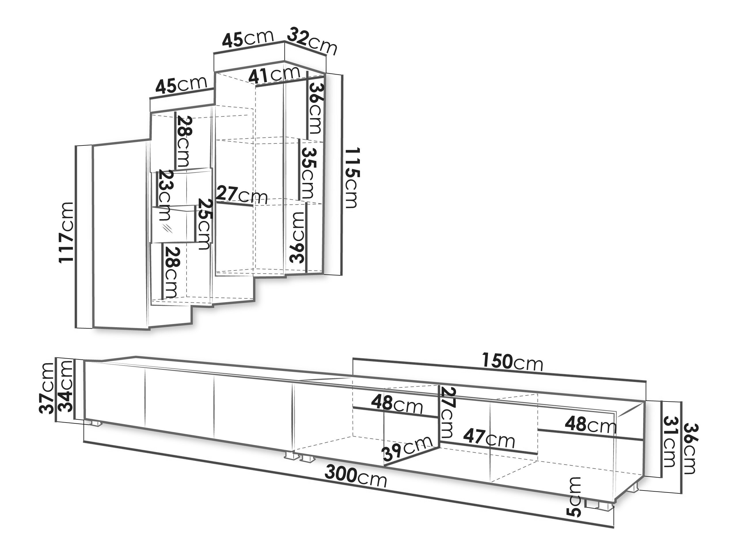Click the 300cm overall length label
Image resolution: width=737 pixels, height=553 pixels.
(356, 477)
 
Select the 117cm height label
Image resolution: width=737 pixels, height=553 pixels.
(66, 232)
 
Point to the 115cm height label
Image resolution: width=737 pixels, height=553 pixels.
(352, 178)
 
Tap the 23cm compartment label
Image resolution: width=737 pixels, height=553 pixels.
(165, 195)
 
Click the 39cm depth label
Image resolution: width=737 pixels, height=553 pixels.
(407, 449)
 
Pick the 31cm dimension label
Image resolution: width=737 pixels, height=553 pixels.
(669, 441)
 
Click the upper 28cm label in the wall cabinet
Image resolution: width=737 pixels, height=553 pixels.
(184, 141)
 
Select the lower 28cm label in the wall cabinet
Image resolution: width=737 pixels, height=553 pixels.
(171, 272)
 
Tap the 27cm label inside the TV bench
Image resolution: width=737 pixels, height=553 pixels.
(447, 413)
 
